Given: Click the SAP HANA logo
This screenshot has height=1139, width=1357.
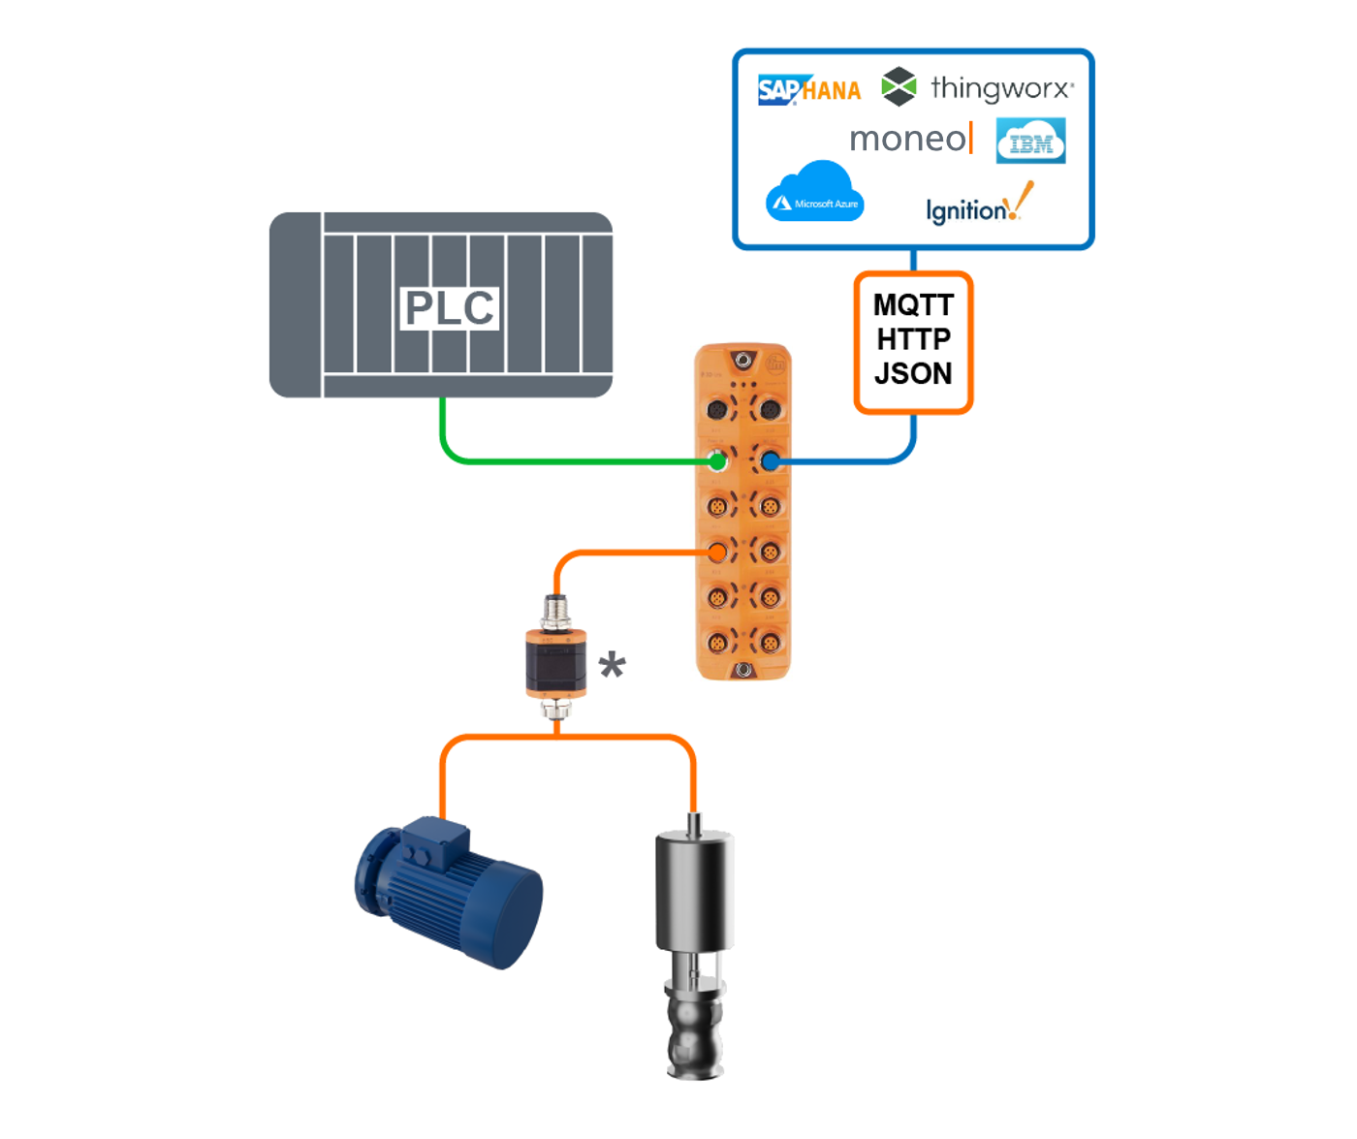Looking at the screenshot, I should (x=808, y=90).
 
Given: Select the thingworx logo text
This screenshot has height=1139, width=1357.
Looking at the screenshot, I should (x=1000, y=88).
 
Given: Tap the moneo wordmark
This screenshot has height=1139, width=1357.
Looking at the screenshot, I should (x=909, y=139).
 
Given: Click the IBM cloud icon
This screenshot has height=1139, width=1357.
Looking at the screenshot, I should (x=1030, y=142).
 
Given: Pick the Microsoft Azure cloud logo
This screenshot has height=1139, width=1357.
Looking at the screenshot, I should (x=814, y=194).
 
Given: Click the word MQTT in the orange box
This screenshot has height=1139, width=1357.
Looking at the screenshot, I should (x=913, y=305).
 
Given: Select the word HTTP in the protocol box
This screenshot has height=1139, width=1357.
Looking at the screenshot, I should (x=913, y=339).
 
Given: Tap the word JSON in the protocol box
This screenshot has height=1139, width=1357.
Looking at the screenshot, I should (x=913, y=373).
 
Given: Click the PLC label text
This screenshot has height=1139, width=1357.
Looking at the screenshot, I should (x=449, y=308).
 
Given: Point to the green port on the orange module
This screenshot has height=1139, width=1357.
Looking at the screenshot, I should (x=717, y=461).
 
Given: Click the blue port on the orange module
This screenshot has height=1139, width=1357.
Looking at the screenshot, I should (x=770, y=461).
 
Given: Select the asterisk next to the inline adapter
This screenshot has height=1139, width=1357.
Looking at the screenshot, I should (x=612, y=666).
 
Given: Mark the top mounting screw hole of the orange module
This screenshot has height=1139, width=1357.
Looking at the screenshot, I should (x=742, y=361).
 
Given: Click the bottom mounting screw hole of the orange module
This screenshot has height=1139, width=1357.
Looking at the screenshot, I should (x=743, y=670).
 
